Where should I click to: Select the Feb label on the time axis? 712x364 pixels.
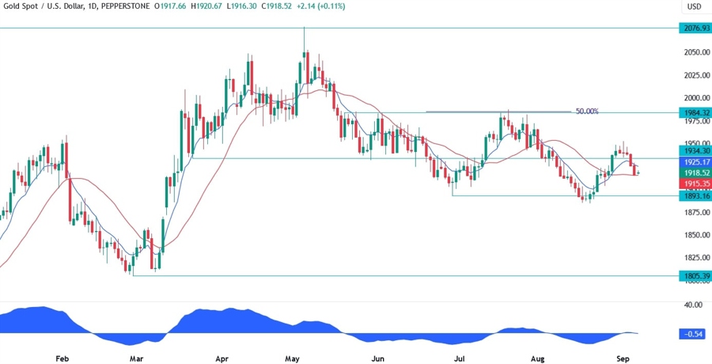[x=62, y=358]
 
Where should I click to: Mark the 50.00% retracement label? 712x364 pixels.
[x=586, y=112]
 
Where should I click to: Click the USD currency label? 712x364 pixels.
[x=694, y=7]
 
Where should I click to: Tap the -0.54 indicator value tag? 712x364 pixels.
[x=693, y=334]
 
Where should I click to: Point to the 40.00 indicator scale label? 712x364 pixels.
[x=693, y=304]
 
